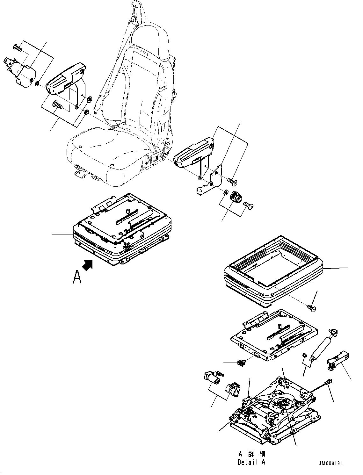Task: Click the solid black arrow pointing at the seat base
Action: (x=88, y=265)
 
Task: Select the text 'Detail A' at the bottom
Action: (x=251, y=462)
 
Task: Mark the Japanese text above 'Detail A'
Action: (x=251, y=454)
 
